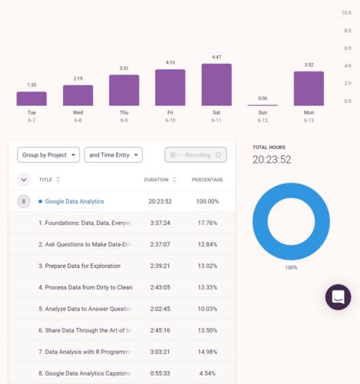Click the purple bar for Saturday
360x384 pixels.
[x=216, y=84]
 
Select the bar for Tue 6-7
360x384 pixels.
[x=31, y=99]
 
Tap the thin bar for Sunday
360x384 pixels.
[x=263, y=105]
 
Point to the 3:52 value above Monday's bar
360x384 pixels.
[x=309, y=65]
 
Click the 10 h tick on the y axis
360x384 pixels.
[x=346, y=13]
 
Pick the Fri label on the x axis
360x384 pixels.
[x=170, y=112]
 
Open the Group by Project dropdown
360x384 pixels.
[x=48, y=155]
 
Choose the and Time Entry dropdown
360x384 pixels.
[x=114, y=155]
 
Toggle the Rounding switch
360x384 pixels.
[x=196, y=155]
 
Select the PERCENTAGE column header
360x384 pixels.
[x=207, y=180]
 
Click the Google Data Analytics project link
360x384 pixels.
[x=74, y=201]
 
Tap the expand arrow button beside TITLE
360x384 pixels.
[x=24, y=180]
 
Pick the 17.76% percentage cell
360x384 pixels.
[x=207, y=223]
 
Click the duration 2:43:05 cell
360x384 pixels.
[x=160, y=287]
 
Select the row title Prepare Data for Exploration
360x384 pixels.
[x=80, y=266]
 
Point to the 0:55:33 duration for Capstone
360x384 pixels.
[x=160, y=373]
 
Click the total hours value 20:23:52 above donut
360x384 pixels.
[x=272, y=160]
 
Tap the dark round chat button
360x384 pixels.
[x=338, y=297]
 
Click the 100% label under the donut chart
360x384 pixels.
[x=291, y=268]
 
